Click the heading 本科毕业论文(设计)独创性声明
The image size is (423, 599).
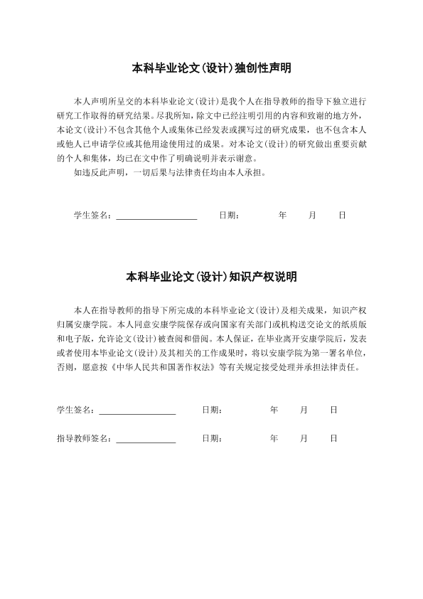tap(212, 68)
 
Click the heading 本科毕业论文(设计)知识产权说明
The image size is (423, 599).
tap(212, 277)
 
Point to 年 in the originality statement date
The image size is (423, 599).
tap(283, 214)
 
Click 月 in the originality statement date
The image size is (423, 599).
tap(313, 214)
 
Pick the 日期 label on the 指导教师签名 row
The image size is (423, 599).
tap(212, 438)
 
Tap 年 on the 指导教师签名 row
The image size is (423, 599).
tap(274, 438)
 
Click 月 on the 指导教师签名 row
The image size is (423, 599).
tap(304, 438)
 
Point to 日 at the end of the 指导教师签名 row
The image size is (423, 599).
tap(333, 438)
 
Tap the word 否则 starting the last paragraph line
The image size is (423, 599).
tap(65, 369)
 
